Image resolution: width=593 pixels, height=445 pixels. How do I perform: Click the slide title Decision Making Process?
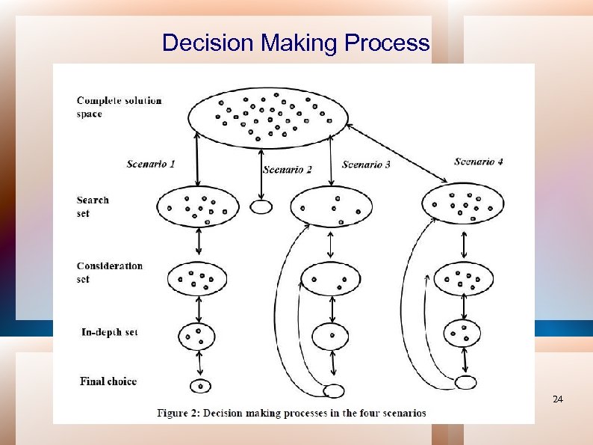[x=296, y=43]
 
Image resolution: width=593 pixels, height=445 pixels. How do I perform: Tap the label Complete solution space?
[x=119, y=107]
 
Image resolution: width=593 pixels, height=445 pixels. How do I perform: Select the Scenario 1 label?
[x=150, y=164]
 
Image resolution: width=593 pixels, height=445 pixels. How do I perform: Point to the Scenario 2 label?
[x=288, y=170]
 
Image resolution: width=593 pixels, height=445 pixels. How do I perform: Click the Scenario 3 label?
[x=366, y=165]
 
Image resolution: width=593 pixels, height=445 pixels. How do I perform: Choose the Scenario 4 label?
[x=479, y=161]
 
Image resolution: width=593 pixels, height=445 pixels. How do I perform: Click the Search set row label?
[x=93, y=206]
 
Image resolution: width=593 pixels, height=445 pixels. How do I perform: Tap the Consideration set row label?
[x=109, y=272]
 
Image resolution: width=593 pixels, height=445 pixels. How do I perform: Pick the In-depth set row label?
[x=109, y=332]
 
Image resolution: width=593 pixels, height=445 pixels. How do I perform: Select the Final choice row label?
[x=108, y=381]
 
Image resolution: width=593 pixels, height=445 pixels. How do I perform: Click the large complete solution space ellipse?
[x=268, y=117]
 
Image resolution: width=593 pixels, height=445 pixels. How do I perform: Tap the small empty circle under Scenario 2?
[x=261, y=207]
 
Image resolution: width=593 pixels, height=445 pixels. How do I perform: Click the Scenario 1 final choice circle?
[x=200, y=386]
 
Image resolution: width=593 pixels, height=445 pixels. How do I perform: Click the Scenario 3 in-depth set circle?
[x=329, y=336]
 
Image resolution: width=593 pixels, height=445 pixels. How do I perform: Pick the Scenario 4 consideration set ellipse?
[x=463, y=279]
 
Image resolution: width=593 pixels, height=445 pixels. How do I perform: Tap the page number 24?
[x=557, y=400]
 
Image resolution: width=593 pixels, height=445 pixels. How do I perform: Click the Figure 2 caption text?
[x=291, y=412]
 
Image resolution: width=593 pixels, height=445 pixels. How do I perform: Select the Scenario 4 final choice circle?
[x=465, y=383]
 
